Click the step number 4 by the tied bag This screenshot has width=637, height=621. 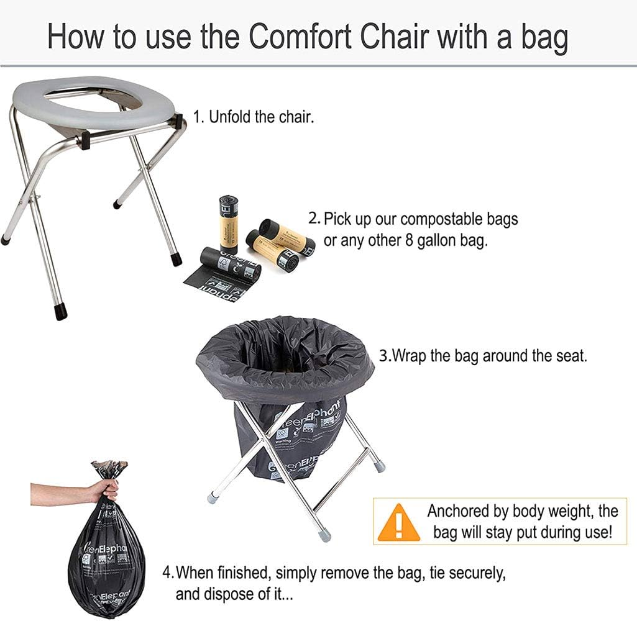click(x=167, y=572)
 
